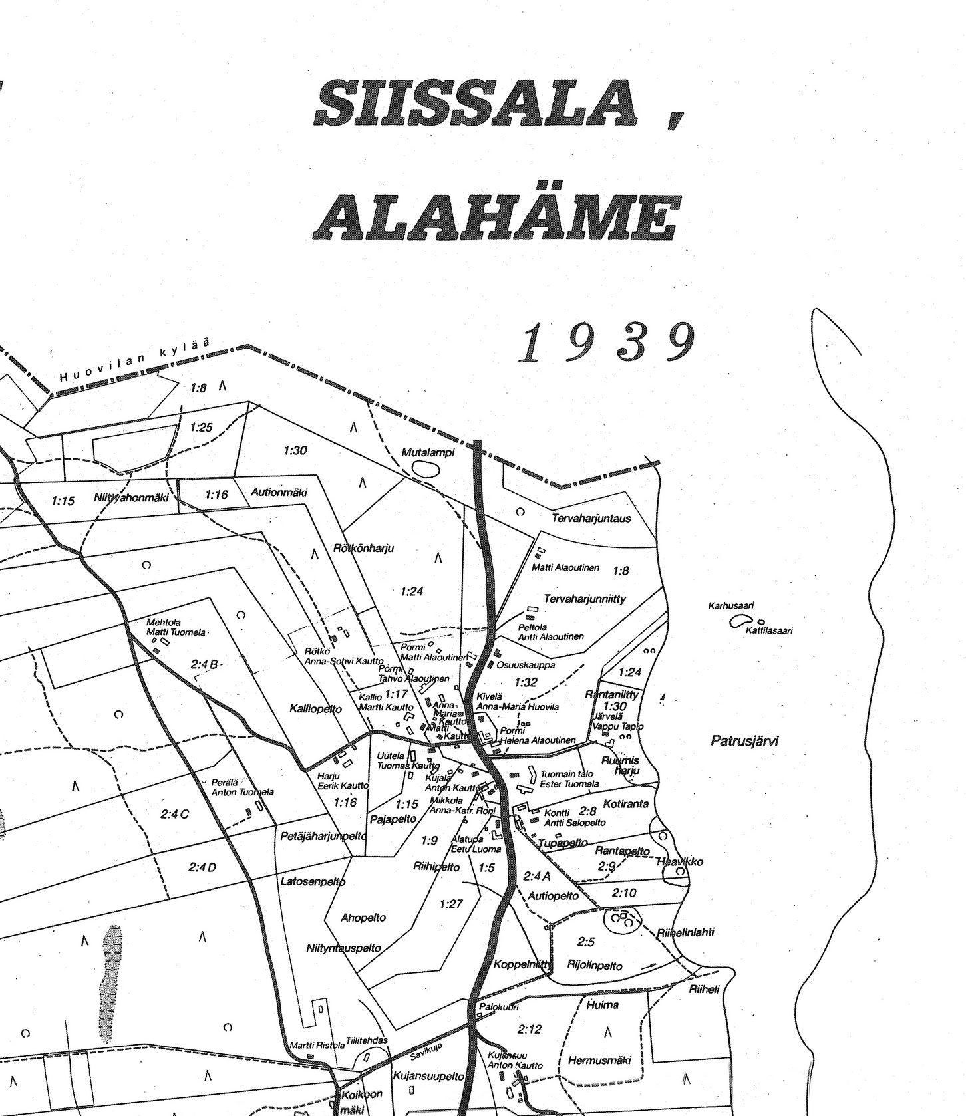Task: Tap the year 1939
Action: point(607,343)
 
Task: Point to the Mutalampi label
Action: point(427,453)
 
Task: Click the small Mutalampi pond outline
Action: point(426,469)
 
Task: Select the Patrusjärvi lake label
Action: point(744,740)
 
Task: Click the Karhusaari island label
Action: point(730,606)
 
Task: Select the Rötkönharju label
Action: point(363,549)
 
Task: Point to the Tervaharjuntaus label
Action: point(591,517)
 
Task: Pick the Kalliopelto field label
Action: point(315,709)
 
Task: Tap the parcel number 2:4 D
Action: point(202,867)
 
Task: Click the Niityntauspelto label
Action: point(343,948)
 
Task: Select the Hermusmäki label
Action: point(599,1061)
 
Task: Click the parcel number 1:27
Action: point(451,903)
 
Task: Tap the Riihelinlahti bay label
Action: point(685,932)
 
